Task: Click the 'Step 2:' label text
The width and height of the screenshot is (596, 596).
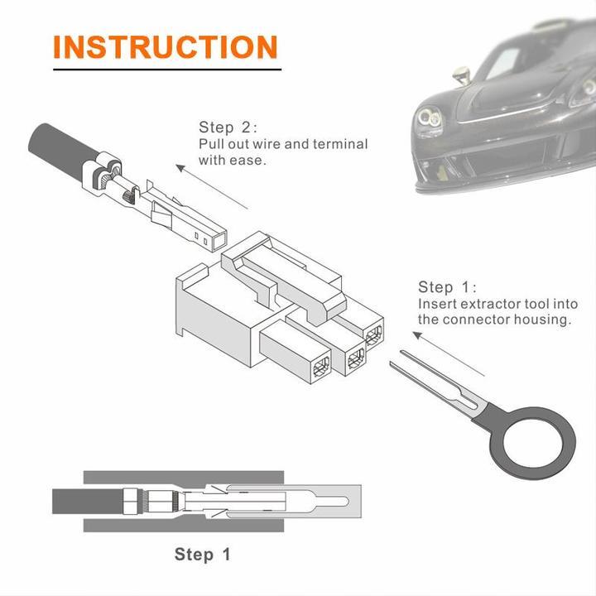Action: [228, 127]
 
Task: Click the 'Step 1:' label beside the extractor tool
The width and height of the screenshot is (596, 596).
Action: [447, 287]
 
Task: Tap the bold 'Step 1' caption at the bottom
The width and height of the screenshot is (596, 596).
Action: [202, 555]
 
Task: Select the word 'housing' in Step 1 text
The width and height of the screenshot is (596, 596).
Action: [542, 320]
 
